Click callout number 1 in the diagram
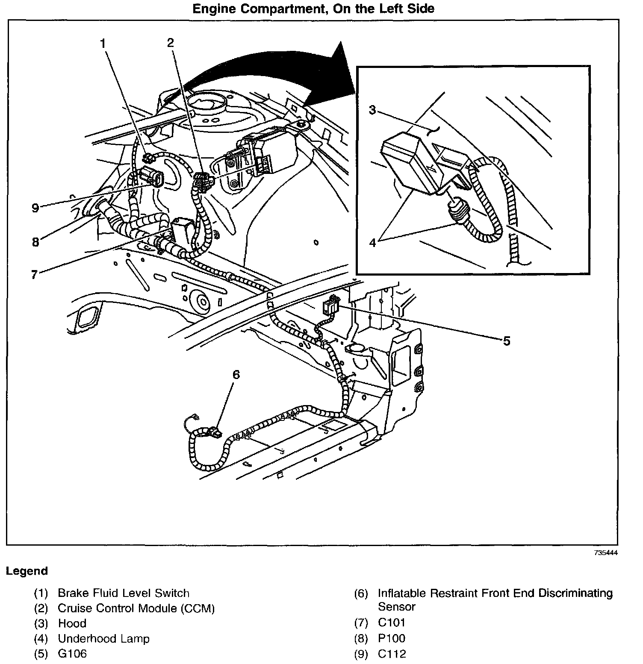103,43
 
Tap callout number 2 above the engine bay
171,42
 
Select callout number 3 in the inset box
373,110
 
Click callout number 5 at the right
506,341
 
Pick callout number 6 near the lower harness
236,375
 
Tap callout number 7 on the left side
35,274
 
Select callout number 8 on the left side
35,242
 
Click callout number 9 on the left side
35,208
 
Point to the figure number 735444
605,553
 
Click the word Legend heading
27,571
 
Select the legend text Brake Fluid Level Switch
124,593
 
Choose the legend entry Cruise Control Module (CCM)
136,608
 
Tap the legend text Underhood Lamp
103,638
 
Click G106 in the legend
72,654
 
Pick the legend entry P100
391,638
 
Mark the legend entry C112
392,654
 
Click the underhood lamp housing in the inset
410,162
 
